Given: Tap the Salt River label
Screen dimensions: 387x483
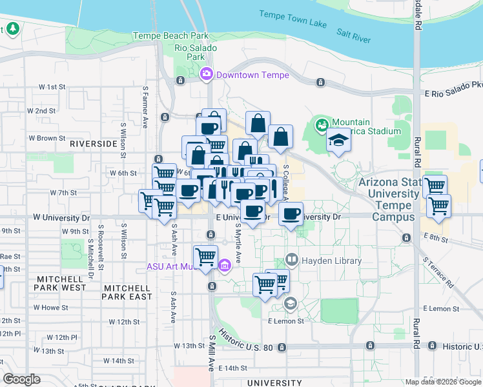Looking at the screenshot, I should coord(353,35).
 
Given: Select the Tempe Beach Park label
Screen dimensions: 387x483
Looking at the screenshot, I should coord(170,36).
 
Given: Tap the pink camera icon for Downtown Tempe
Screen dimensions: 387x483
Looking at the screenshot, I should coord(207,74).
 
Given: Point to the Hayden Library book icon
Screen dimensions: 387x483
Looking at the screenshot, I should coord(292,260).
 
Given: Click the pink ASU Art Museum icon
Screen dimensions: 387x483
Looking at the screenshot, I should coord(225,265).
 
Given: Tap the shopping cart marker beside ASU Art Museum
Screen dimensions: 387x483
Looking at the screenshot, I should coord(206,256).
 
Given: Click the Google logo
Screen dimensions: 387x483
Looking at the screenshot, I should coord(22,379).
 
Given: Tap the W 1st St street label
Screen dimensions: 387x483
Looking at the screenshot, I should coord(52,86).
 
